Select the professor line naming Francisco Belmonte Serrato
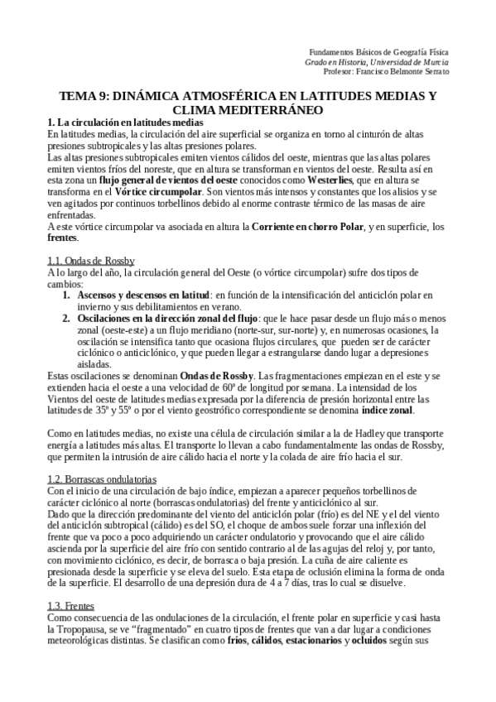point(378,71)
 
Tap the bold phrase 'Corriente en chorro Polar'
point(297,226)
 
